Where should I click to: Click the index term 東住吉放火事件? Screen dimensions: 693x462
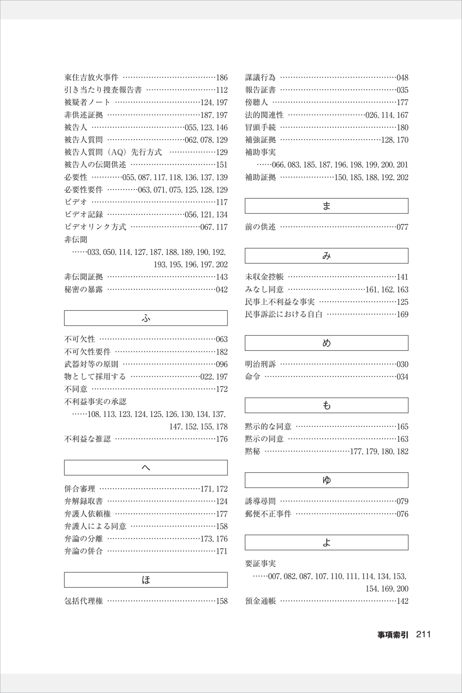point(91,78)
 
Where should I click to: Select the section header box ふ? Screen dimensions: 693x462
point(146,318)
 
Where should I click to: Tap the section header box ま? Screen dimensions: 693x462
point(327,206)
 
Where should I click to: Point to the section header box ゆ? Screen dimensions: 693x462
point(327,480)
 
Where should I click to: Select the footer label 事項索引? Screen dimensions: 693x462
point(393,635)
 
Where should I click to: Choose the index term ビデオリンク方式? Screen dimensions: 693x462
point(95,227)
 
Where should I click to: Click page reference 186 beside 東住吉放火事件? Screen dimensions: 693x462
point(222,78)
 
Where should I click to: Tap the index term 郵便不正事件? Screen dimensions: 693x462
point(268,514)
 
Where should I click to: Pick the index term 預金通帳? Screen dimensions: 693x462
point(260,601)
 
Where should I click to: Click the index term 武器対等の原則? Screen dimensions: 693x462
point(91,364)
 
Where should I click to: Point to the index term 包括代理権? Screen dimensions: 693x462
point(83,601)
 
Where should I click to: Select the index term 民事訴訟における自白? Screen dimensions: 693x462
point(284,314)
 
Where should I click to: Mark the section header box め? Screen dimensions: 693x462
point(327,343)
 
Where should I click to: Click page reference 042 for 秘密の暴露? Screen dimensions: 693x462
point(222,289)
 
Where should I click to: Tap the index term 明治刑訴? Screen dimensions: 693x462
point(260,364)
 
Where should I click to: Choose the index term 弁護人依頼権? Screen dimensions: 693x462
point(87,514)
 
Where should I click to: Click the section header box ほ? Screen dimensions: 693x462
point(146,580)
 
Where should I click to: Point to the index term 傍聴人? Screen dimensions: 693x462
point(256,103)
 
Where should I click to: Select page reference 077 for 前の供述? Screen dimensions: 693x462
point(402,227)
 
